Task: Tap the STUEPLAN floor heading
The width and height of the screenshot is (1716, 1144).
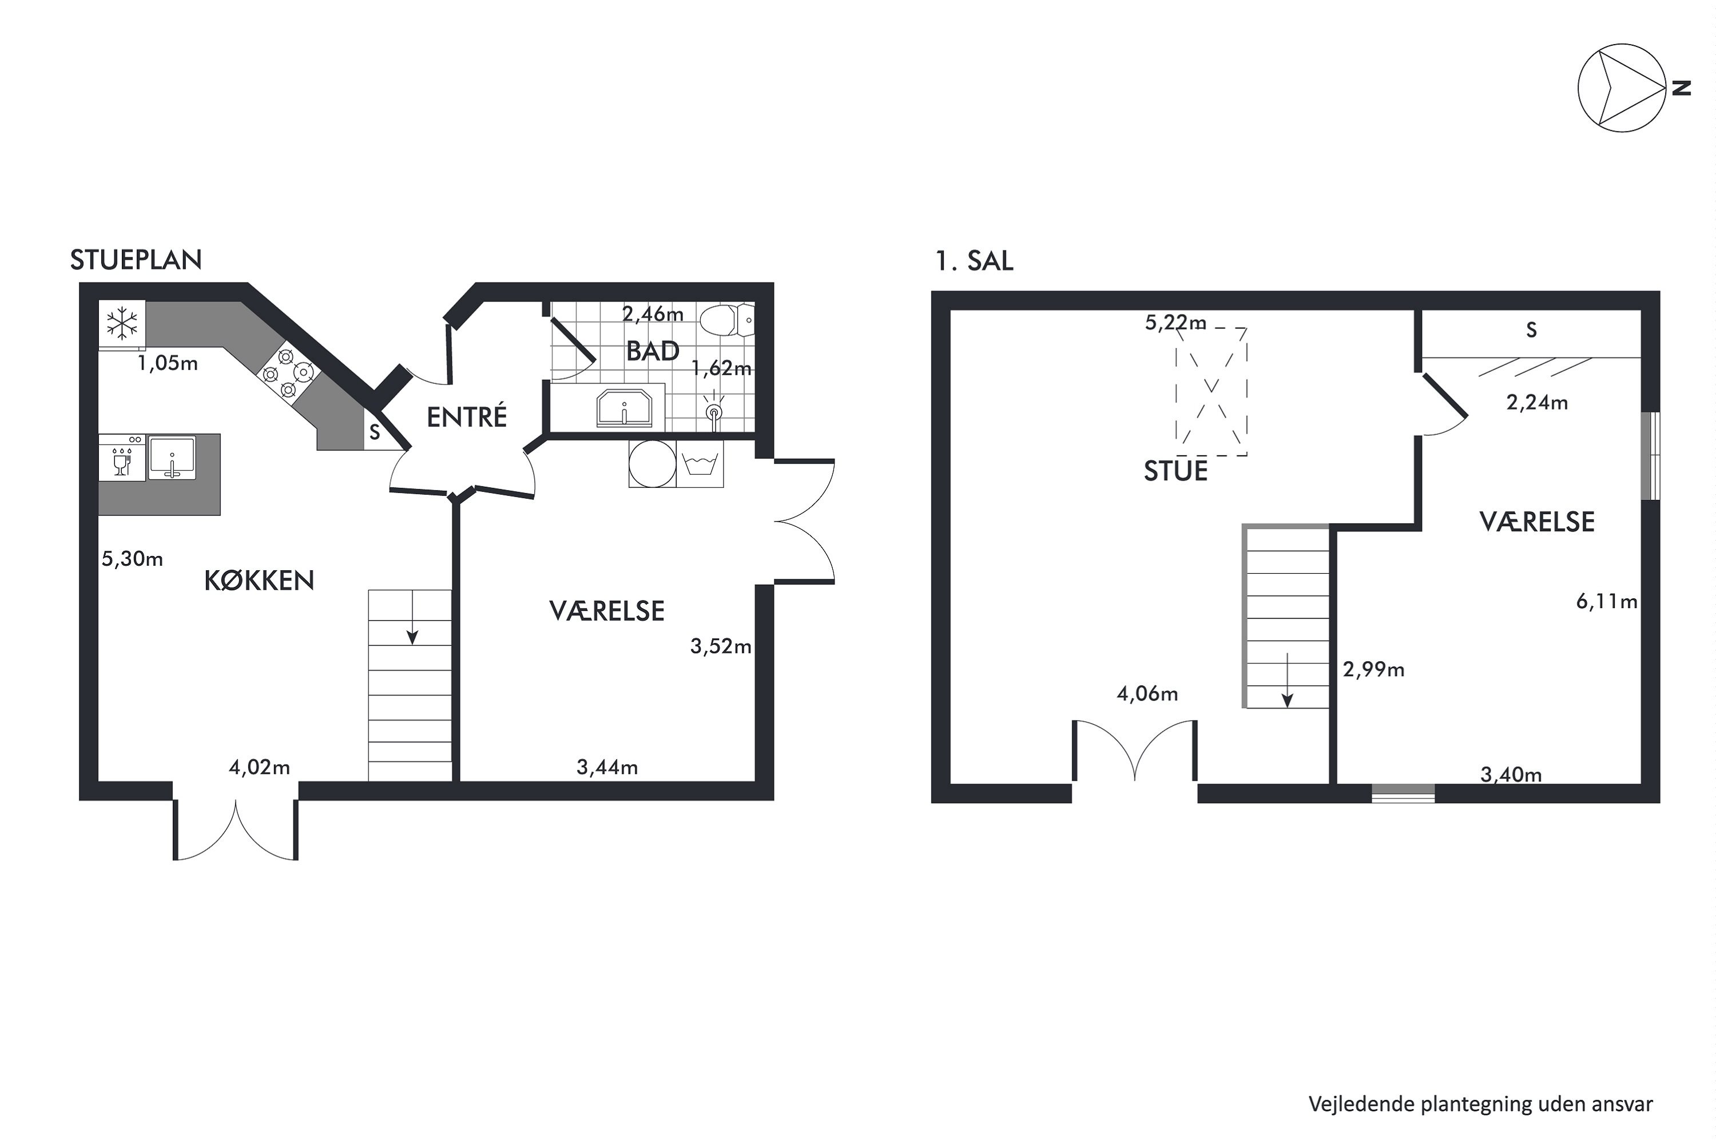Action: pyautogui.click(x=136, y=260)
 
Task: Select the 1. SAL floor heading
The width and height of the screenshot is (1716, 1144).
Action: pyautogui.click(x=974, y=261)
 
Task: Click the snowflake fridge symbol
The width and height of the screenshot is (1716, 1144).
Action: pyautogui.click(x=122, y=324)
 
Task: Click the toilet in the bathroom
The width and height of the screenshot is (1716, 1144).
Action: pyautogui.click(x=725, y=320)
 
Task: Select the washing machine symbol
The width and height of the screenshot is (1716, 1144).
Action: pyautogui.click(x=700, y=463)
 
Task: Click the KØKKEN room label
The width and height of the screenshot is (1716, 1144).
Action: pyautogui.click(x=259, y=581)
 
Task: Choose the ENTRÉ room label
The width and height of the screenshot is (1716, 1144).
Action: pyautogui.click(x=466, y=418)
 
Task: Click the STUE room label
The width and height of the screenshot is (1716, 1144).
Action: pyautogui.click(x=1175, y=471)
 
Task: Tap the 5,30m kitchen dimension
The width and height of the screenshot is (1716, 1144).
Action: pyautogui.click(x=132, y=559)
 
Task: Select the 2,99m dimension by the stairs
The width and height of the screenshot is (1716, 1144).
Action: pyautogui.click(x=1373, y=669)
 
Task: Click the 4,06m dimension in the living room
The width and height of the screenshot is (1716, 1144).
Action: pyautogui.click(x=1147, y=694)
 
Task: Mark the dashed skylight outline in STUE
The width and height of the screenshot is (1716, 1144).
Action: pyautogui.click(x=1211, y=392)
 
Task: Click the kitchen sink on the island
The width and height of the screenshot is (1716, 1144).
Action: pyautogui.click(x=172, y=458)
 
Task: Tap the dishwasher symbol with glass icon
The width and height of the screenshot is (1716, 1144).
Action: pyautogui.click(x=122, y=458)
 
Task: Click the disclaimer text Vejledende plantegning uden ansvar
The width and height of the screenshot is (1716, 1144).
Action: pyautogui.click(x=1480, y=1104)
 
